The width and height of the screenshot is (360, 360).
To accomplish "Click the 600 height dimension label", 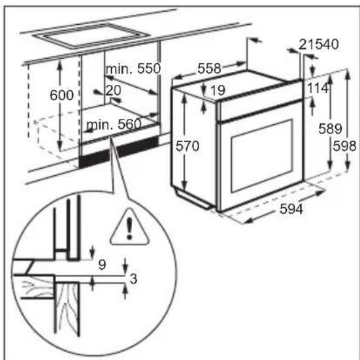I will tap(61, 95).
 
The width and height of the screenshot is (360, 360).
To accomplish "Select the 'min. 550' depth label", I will tap(133, 69).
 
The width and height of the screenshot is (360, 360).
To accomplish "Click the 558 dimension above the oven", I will tap(209, 67).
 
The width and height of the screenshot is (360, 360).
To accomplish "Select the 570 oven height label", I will tap(187, 147).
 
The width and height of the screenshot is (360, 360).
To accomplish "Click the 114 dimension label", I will tap(318, 88).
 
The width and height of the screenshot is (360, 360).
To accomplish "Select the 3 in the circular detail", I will tap(133, 280).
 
